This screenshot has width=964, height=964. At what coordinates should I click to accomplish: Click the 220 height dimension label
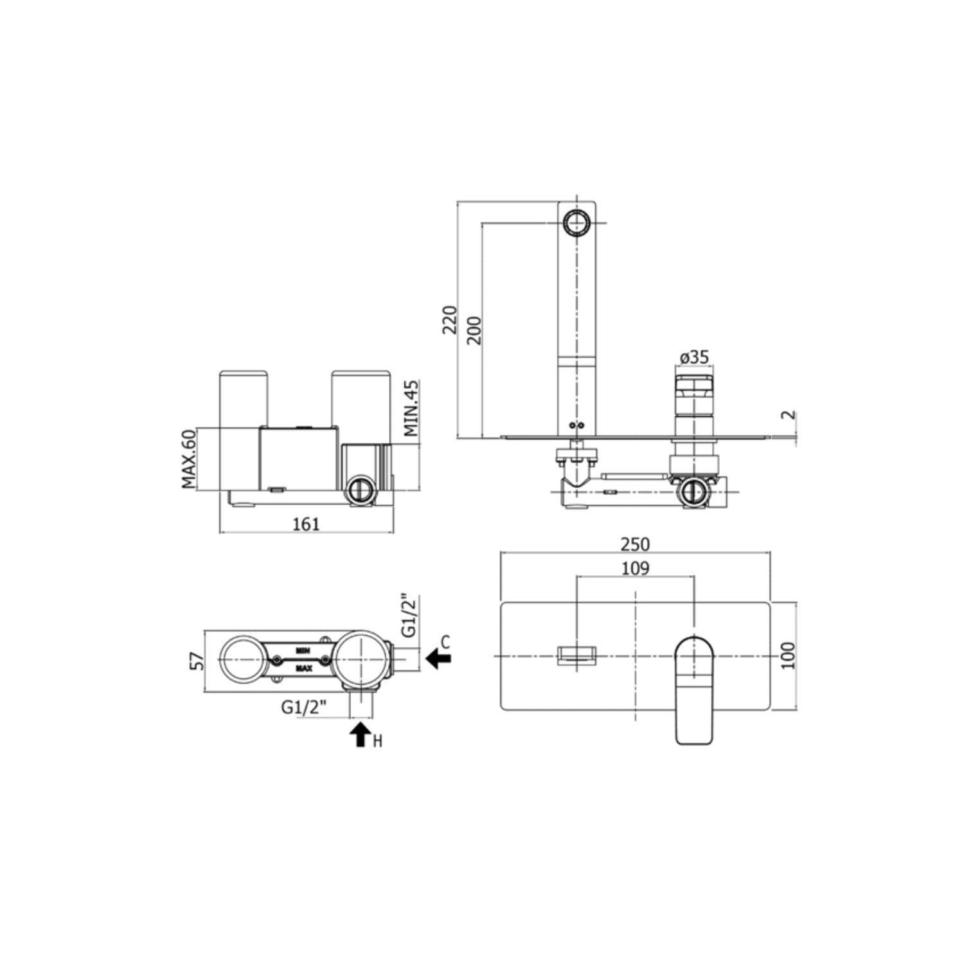[x=451, y=319]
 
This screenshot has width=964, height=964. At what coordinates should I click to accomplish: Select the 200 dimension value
[x=474, y=330]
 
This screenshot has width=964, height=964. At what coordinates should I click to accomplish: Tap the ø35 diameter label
[x=693, y=357]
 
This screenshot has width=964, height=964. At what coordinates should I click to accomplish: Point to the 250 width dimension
[x=635, y=544]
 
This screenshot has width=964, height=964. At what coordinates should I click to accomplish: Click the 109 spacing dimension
[x=635, y=568]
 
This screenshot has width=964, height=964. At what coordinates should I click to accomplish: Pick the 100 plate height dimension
[x=789, y=656]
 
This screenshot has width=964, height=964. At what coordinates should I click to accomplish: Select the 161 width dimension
[x=306, y=524]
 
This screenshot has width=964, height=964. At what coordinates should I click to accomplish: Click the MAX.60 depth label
[x=188, y=459]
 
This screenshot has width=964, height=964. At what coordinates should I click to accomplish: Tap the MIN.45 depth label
[x=411, y=408]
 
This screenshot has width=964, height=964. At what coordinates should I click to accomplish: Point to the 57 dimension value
[x=198, y=661]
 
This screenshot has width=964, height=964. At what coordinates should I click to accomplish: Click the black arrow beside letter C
[x=438, y=658]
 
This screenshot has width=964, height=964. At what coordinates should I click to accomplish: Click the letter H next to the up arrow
[x=378, y=742]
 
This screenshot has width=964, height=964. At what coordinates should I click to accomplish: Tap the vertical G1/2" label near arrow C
[x=409, y=616]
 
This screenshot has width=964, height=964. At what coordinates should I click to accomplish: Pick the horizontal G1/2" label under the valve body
[x=304, y=707]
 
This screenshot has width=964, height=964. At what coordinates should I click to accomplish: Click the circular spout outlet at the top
[x=576, y=224]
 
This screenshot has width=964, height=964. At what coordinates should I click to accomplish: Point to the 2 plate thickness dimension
[x=790, y=415]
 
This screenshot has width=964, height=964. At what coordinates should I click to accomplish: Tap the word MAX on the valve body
[x=303, y=668]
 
